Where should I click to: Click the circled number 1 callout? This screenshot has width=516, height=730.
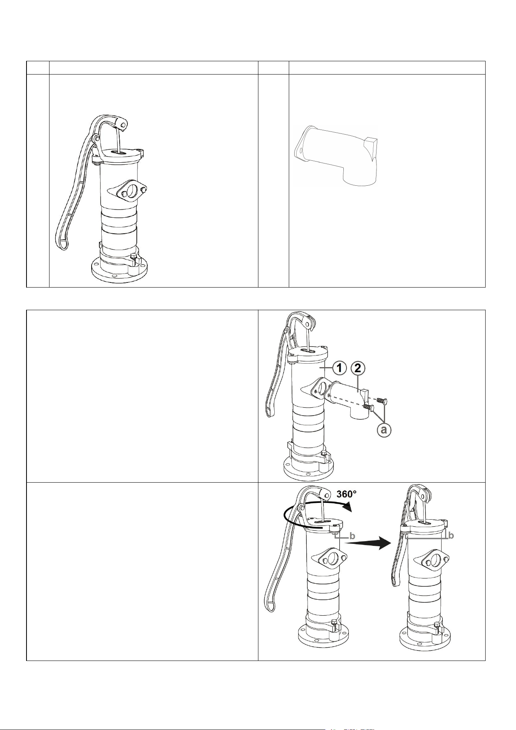(339, 368)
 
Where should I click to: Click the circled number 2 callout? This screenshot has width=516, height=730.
(358, 368)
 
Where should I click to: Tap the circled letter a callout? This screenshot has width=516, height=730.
(384, 430)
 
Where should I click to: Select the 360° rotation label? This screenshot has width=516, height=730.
(346, 494)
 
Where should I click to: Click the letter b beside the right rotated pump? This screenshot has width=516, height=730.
(451, 535)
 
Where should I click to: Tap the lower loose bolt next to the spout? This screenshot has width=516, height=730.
(368, 407)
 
